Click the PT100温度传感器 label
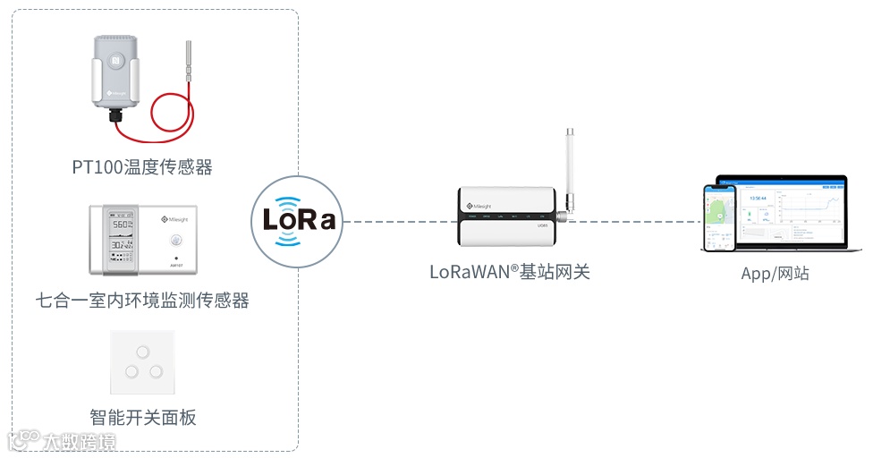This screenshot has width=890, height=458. point(142,166)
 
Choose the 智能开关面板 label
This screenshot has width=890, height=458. point(142,417)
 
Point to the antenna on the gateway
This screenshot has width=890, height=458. point(568,170)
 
